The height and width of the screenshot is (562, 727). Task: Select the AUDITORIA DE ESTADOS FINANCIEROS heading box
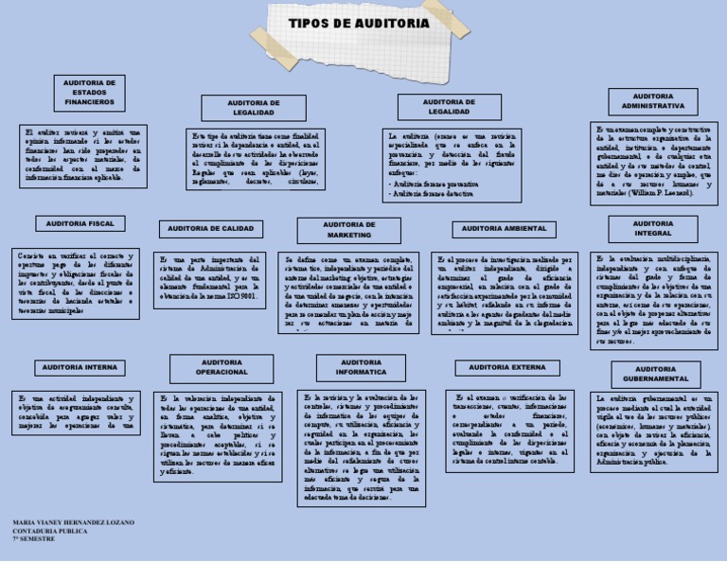pyautogui.click(x=90, y=92)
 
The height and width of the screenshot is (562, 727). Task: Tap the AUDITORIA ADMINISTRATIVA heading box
pyautogui.click(x=653, y=101)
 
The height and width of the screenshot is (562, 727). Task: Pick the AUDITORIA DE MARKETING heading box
pyautogui.click(x=349, y=230)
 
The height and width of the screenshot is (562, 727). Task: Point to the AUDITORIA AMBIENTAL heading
pyautogui.click(x=505, y=229)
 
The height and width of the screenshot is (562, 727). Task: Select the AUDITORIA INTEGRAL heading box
pyautogui.click(x=653, y=228)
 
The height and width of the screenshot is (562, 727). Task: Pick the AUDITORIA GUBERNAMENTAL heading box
pyautogui.click(x=655, y=373)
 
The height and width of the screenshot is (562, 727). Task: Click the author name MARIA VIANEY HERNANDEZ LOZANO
pyautogui.click(x=74, y=522)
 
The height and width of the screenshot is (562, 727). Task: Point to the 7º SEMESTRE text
pyautogui.click(x=33, y=539)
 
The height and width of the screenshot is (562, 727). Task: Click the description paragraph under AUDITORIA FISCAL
pyautogui.click(x=78, y=282)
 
